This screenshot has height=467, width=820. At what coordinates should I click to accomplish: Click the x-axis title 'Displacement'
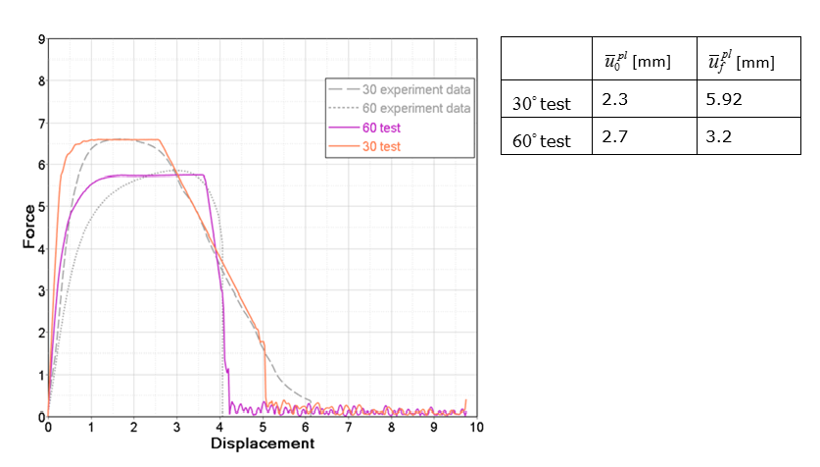[263, 443]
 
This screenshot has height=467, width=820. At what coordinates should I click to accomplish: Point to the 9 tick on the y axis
[40, 40]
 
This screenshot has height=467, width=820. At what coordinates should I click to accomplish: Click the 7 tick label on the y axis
[40, 124]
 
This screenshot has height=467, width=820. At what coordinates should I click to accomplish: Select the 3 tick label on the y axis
[40, 291]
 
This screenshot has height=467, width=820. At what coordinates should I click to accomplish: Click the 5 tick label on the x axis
[263, 428]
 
